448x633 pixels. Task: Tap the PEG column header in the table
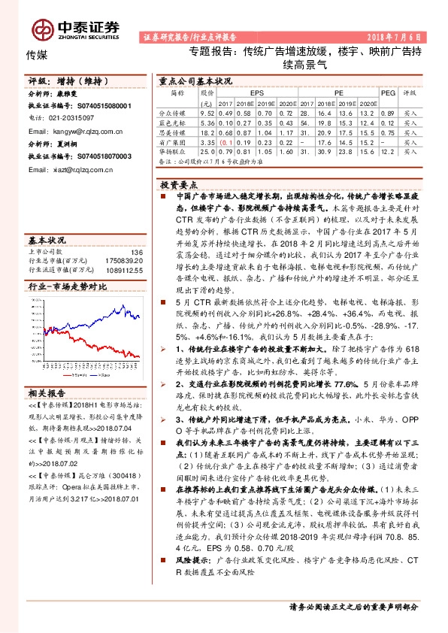point(386,92)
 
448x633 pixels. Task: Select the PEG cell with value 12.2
point(386,150)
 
